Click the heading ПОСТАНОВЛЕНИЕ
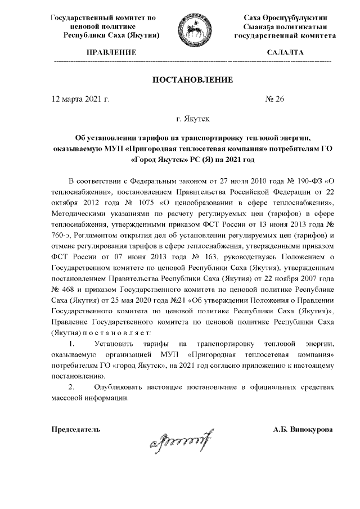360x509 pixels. click(x=193, y=80)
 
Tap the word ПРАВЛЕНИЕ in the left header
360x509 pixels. click(x=111, y=52)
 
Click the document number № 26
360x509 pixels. click(x=275, y=99)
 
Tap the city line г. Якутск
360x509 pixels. click(x=193, y=119)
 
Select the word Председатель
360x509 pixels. click(x=76, y=429)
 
